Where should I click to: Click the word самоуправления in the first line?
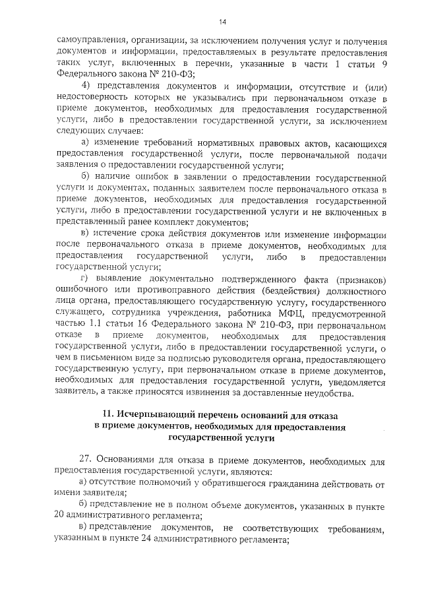tap(91, 40)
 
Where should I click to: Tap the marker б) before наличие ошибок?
tap(85, 178)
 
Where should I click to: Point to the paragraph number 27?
tap(85, 459)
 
